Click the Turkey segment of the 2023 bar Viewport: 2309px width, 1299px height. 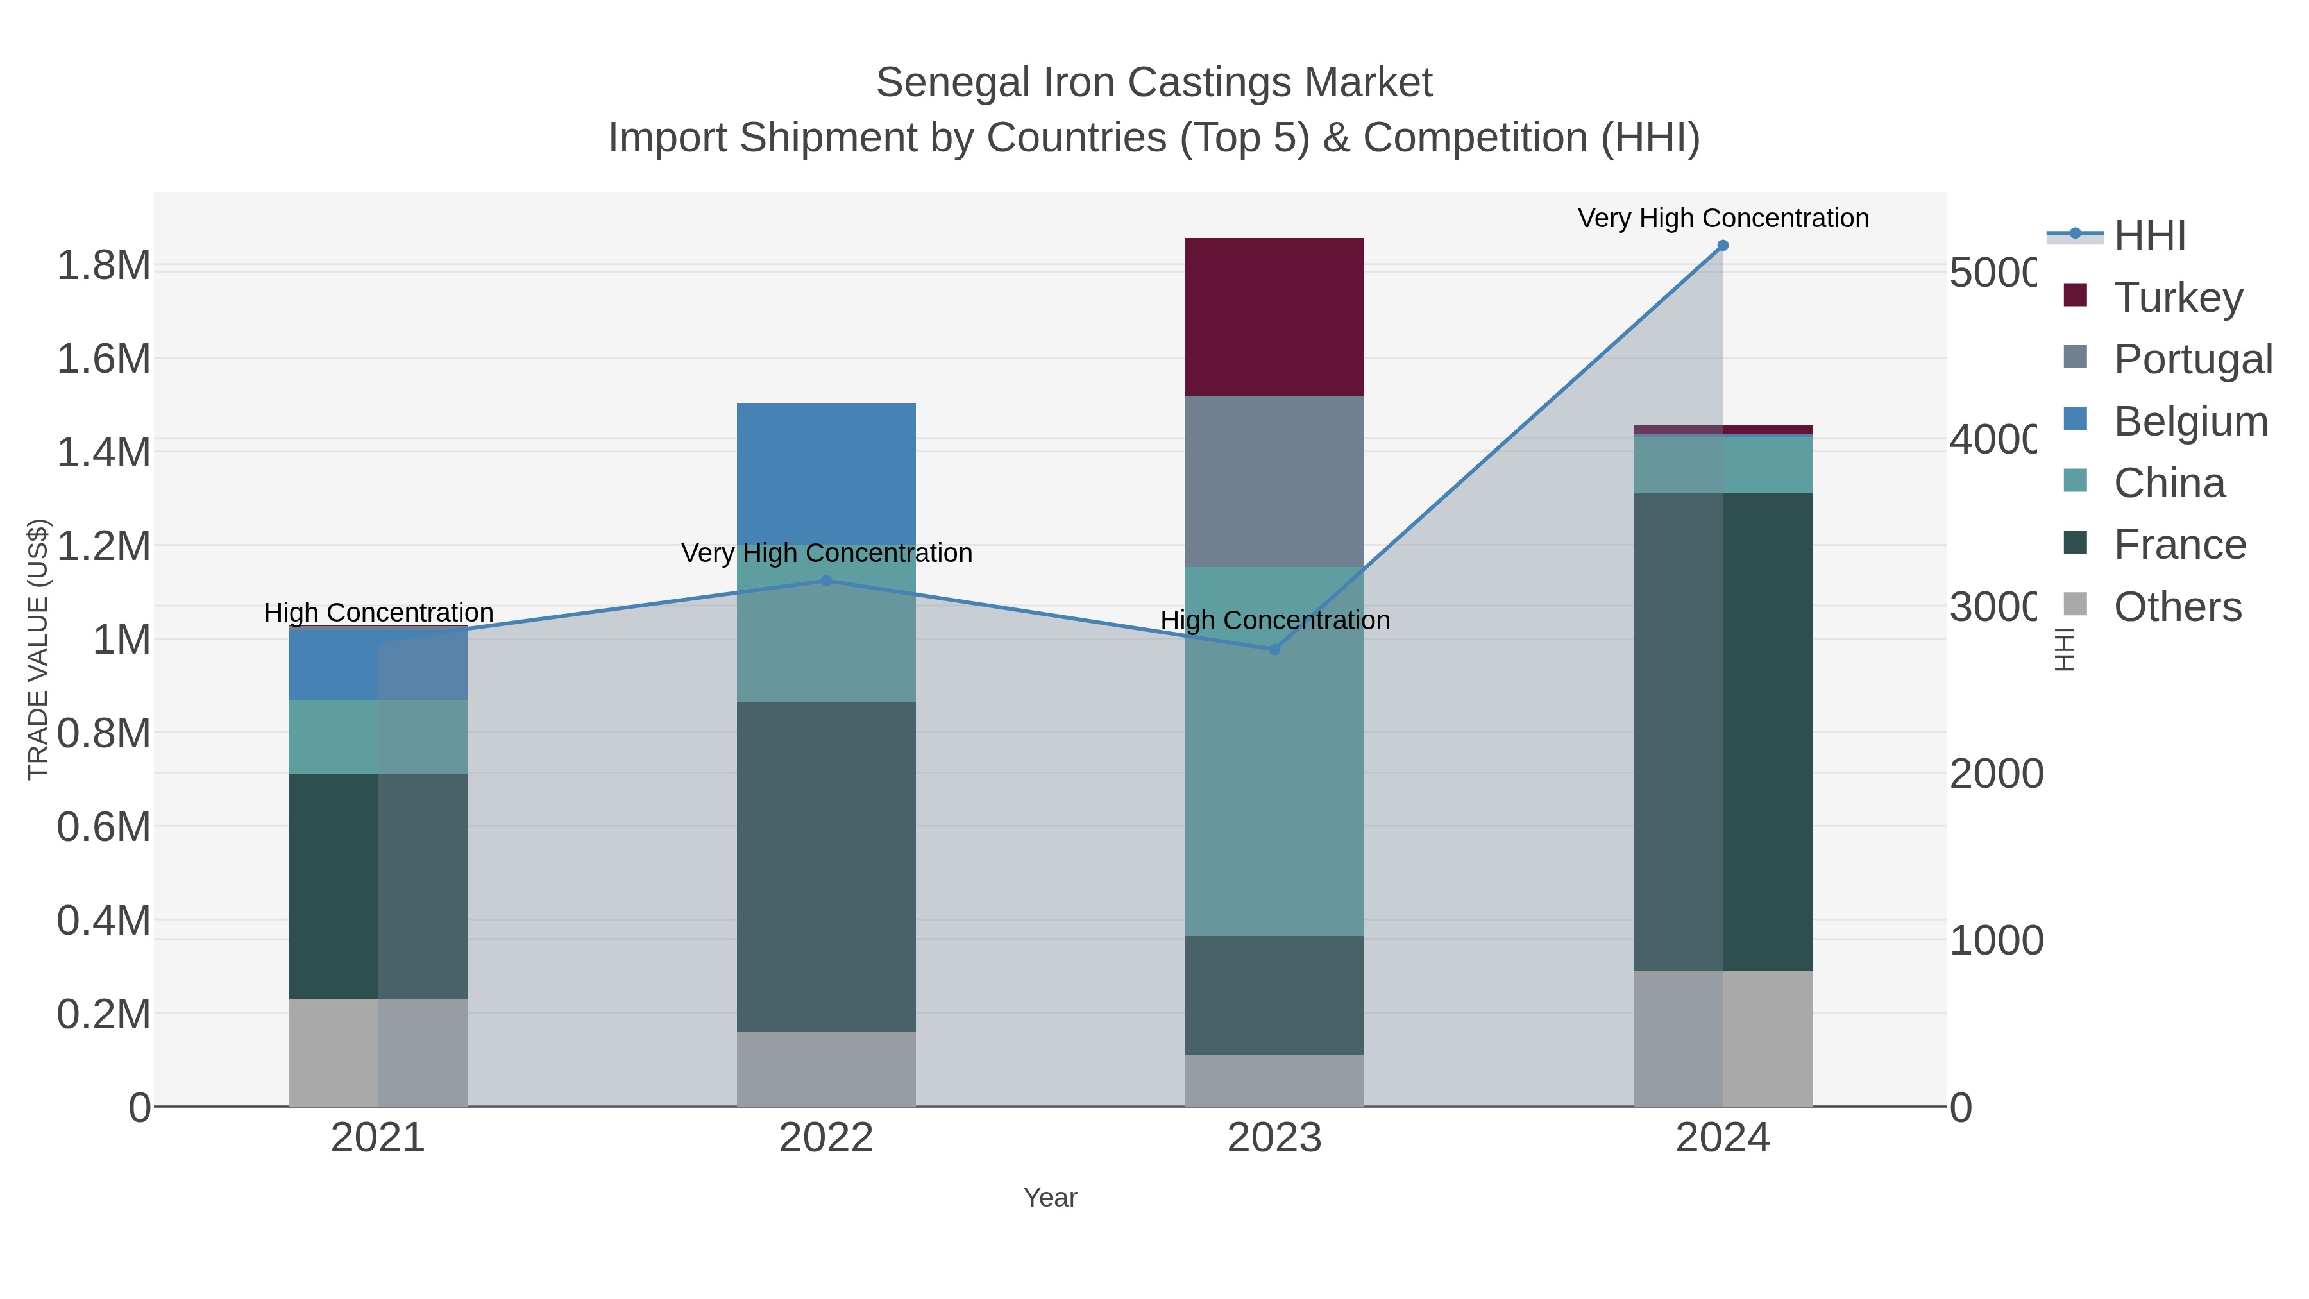[1274, 316]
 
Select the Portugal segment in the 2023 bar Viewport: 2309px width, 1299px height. [1274, 480]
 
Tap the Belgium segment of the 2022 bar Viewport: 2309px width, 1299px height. [825, 471]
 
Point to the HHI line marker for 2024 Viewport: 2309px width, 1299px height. [1722, 246]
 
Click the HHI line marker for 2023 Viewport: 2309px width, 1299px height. [1274, 649]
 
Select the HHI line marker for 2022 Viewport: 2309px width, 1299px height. [825, 581]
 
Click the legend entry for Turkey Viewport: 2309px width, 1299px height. [2178, 297]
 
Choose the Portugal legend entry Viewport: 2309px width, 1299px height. [2192, 359]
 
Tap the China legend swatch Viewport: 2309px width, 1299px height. [2075, 481]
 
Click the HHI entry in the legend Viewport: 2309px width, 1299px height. [2149, 236]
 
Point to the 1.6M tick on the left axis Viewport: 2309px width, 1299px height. [103, 359]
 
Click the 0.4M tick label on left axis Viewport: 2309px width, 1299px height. [103, 921]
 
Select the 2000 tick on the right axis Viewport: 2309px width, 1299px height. [1996, 774]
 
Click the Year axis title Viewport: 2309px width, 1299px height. [1049, 1198]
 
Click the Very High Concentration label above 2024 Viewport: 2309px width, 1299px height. [1722, 218]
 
